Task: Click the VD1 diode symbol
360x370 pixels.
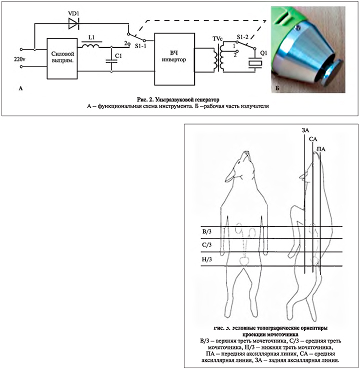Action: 73,22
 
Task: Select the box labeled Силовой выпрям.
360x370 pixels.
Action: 63,57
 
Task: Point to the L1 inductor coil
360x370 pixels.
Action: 90,46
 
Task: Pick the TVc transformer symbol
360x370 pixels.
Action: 216,58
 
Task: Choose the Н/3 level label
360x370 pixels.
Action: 206,259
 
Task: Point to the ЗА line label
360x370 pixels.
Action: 304,131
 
